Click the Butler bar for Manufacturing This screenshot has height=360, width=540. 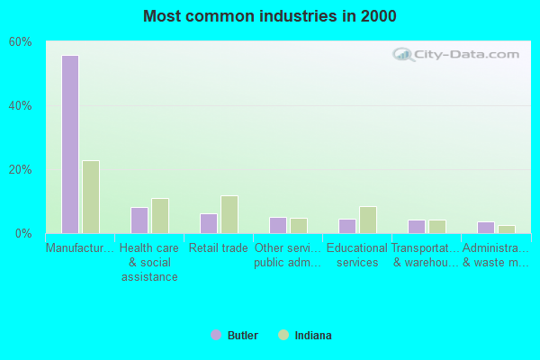[x=70, y=144]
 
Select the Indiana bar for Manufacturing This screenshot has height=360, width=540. [x=91, y=196]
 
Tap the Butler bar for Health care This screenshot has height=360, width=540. [x=139, y=220]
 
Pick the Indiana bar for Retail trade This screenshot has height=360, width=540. [x=229, y=214]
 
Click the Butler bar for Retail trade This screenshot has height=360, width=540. [x=209, y=223]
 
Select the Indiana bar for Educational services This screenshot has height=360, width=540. [x=368, y=220]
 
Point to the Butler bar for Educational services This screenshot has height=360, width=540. [x=347, y=226]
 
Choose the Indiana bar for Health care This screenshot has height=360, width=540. [x=160, y=216]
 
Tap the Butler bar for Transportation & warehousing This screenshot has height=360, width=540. [x=417, y=227]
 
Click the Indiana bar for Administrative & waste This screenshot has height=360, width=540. [x=507, y=229]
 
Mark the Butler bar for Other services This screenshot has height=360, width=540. [x=278, y=225]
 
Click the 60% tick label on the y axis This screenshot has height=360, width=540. [x=21, y=42]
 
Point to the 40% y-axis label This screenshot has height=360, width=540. [x=21, y=106]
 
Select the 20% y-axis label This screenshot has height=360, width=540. [x=21, y=170]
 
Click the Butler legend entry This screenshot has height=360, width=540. [x=235, y=336]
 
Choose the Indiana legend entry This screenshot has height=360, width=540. [x=306, y=336]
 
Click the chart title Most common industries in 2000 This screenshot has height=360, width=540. [x=270, y=16]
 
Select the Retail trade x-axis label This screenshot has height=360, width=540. [x=219, y=248]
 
